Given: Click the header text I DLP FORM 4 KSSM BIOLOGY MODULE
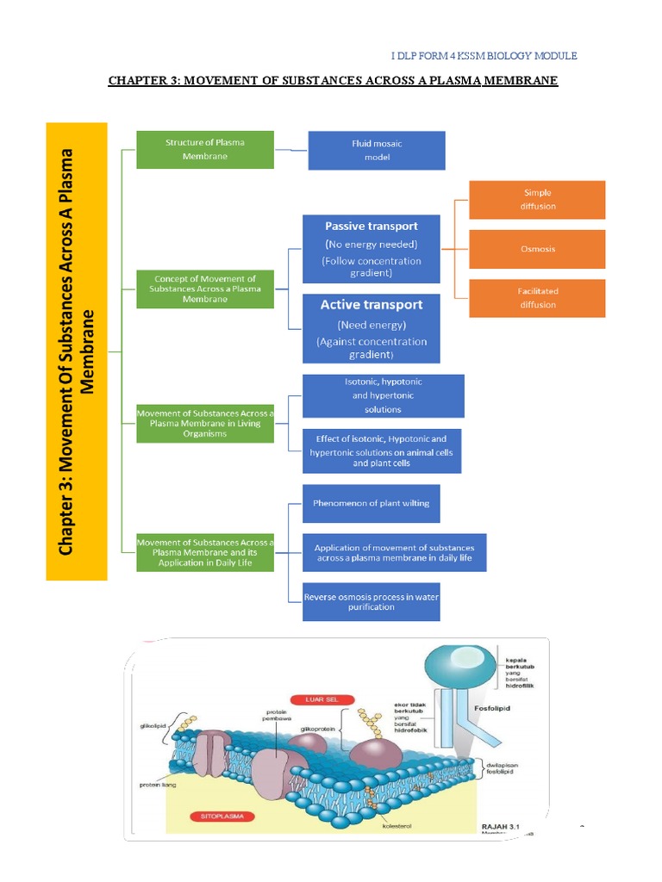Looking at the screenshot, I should pos(484,56).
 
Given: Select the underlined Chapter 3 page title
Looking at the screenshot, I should pos(333,81).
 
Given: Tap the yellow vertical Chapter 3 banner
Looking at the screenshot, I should pos(76,351).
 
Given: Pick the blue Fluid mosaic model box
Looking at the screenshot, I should pos(377,151).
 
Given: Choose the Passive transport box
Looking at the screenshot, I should pos(372,248).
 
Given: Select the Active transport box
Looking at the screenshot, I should pos(372,328).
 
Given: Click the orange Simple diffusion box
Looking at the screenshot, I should pos(537,200).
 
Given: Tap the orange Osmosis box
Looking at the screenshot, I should pos(537,249).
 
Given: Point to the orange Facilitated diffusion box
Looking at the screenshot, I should pos(537,298).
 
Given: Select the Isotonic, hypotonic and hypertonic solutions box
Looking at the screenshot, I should pos(383,395).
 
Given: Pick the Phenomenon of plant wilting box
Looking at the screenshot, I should pos(372,503).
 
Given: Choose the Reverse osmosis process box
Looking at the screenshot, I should pos(372,601).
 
